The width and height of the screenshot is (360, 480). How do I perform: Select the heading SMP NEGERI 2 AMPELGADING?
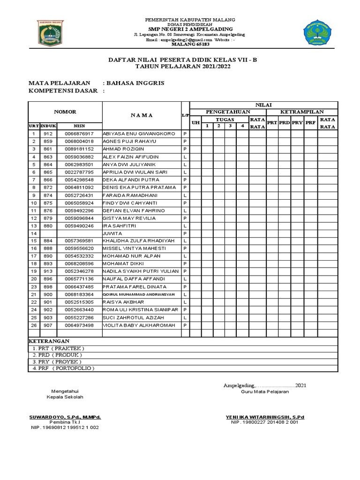click(190, 29)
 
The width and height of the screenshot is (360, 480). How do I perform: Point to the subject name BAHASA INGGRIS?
click(135, 83)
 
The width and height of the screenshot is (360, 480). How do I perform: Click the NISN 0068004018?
click(79, 142)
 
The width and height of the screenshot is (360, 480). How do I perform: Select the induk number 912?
click(48, 134)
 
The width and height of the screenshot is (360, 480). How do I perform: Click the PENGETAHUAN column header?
click(228, 112)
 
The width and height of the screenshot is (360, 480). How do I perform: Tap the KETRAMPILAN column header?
click(302, 112)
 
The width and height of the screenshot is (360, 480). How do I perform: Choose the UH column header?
click(195, 123)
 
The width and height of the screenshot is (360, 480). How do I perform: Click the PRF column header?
click(310, 123)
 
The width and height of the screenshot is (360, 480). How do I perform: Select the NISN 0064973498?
click(79, 325)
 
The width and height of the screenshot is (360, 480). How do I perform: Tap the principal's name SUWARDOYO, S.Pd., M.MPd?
click(65, 417)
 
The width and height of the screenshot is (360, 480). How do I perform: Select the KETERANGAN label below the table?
click(49, 341)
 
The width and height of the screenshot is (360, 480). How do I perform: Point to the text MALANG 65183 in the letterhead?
click(190, 45)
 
